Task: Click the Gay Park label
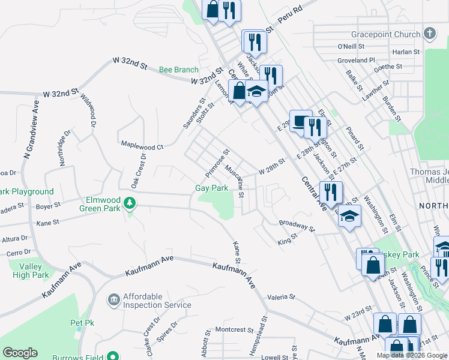pos(212,188)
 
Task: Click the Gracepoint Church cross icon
pos(430,33)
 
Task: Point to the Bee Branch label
pos(178,70)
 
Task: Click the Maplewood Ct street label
pos(142,146)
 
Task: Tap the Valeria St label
pos(282,297)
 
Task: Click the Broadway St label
pos(297,225)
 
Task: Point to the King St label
pos(288,242)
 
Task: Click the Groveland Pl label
pos(355,61)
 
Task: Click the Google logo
pos(20,353)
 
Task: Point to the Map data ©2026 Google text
pos(411,355)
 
